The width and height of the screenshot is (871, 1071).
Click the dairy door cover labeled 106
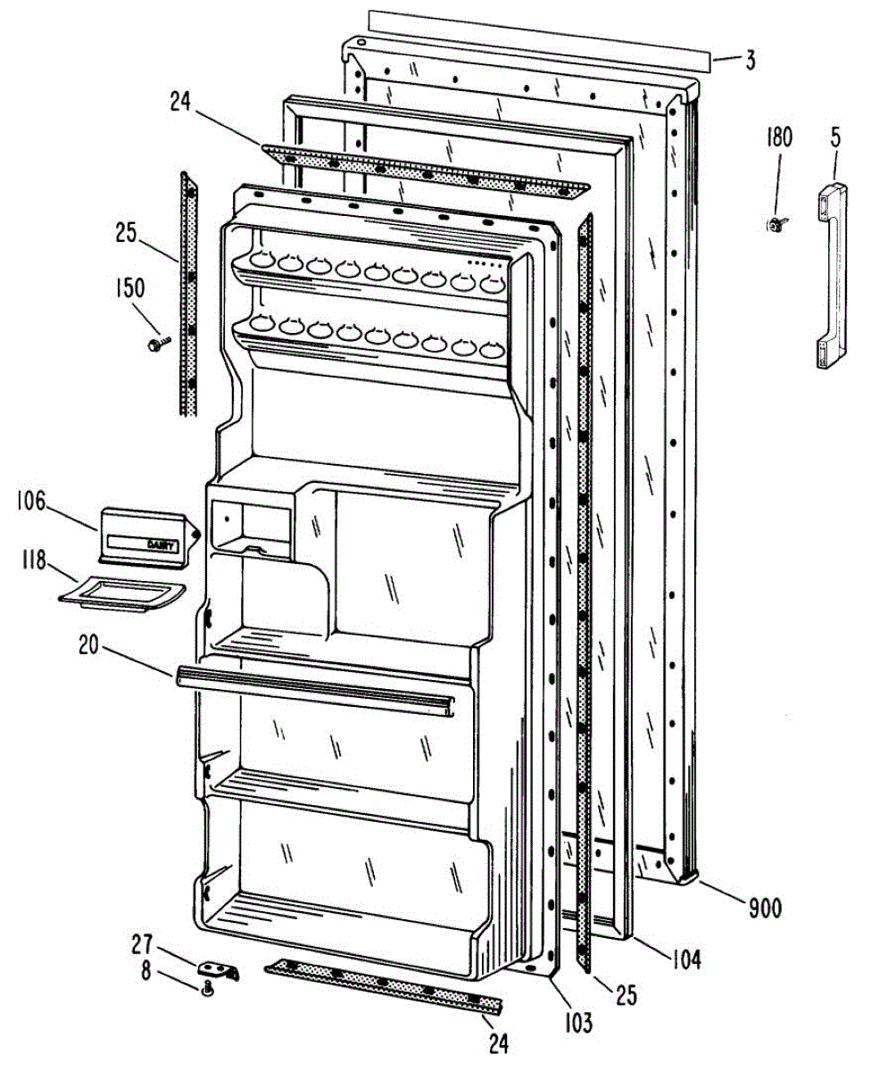coord(146,536)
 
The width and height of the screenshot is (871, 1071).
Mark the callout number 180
coord(778,137)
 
